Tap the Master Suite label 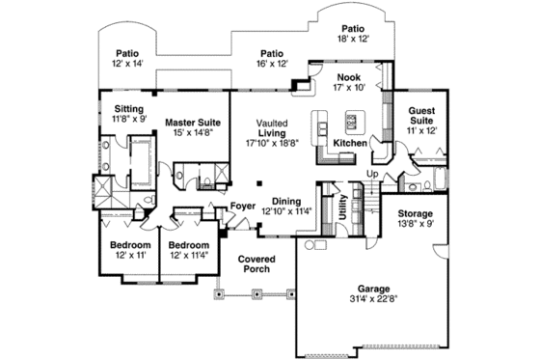click(193, 123)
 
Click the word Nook click(348, 75)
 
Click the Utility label click(342, 208)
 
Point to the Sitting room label click(129, 109)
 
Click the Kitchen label click(349, 144)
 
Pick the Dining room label click(286, 200)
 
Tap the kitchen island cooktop click(351, 122)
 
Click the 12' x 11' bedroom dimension click(128, 255)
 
